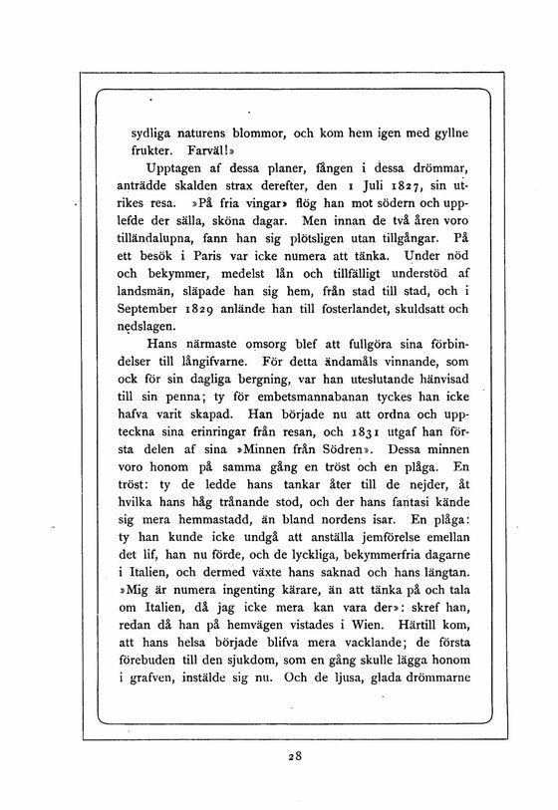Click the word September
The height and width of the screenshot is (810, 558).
tap(170, 309)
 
